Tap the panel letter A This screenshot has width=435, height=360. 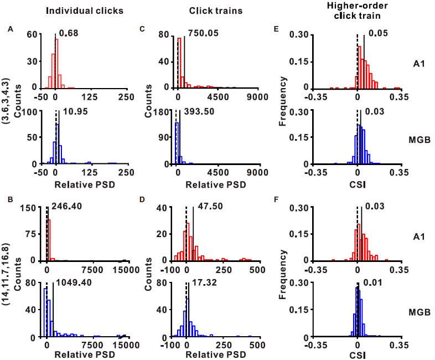coord(10,28)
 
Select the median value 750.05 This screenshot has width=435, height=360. coord(203,33)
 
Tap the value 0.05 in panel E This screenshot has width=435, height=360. coord(372,34)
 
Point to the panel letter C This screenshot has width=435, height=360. coord(142,28)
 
